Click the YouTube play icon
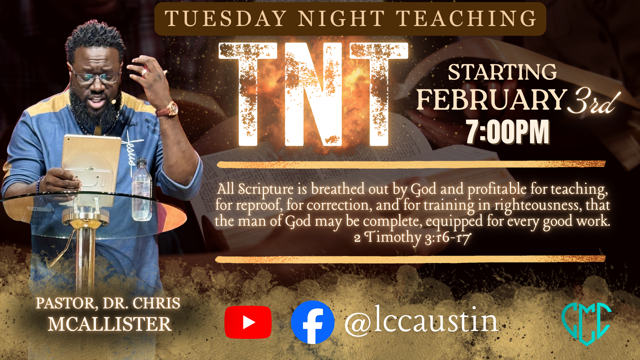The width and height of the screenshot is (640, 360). click(248, 322)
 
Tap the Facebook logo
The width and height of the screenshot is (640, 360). click(313, 322)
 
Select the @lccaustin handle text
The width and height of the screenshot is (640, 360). click(421, 321)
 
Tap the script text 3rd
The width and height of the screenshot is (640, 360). click(593, 101)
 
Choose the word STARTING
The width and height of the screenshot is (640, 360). click(502, 72)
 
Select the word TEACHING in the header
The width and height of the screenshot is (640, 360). click(466, 18)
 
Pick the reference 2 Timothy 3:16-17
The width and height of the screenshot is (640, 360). click(412, 237)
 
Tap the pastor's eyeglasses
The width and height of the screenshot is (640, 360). click(96, 77)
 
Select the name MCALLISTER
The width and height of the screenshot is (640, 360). click(110, 324)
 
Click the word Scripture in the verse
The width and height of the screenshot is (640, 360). click(266, 189)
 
